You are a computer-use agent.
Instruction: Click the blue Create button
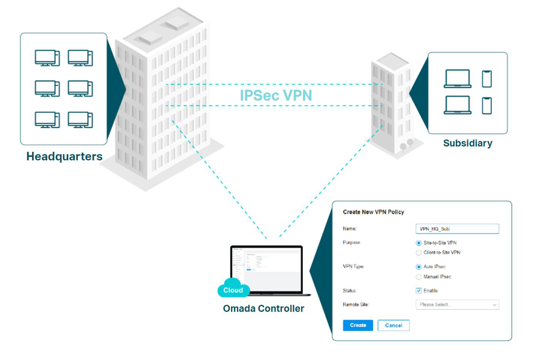358,325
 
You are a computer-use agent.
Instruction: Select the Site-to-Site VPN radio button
419,243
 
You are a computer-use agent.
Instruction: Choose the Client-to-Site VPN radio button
419,252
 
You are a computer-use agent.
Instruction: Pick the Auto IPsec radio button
419,267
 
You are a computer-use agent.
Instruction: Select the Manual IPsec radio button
419,277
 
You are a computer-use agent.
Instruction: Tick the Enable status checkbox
419,291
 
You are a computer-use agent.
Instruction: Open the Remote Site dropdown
457,305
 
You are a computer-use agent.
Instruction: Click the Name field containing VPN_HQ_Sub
458,229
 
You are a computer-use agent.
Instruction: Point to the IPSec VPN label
276,95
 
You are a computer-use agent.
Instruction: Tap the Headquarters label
64,157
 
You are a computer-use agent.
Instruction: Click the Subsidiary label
467,144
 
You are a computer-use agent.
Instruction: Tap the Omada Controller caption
264,309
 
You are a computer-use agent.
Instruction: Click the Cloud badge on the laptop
233,290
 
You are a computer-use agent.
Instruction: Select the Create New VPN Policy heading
374,212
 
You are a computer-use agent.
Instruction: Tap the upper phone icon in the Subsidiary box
487,79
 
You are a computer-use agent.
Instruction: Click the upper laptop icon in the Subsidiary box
458,79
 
